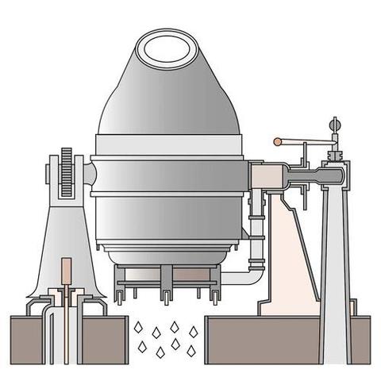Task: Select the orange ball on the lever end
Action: point(277,142)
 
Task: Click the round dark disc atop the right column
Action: point(334,124)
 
